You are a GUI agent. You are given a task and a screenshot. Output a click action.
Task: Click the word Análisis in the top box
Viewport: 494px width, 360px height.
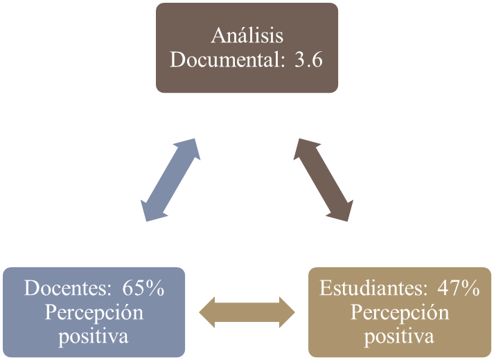pos(247,35)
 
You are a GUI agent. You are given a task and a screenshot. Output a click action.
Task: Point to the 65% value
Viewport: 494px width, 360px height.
pos(143,288)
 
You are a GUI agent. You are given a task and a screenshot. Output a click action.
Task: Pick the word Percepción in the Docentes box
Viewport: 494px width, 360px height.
pos(94,312)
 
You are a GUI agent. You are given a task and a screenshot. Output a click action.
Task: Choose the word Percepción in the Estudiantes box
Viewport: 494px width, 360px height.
pos(400,312)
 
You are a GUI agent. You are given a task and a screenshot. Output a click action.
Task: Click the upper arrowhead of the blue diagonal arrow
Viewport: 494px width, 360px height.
pos(188,147)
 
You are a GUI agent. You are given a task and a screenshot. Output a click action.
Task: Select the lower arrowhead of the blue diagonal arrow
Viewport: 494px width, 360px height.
pos(152,210)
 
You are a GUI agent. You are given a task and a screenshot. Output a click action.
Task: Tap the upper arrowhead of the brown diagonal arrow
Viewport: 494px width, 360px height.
pos(307,147)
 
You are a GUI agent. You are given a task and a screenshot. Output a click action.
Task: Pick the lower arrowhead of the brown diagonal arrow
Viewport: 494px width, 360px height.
pos(343,210)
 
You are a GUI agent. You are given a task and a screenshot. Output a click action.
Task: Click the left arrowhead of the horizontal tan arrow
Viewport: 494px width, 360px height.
pos(208,312)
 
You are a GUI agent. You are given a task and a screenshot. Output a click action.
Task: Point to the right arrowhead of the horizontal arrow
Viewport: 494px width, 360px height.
pos(286,312)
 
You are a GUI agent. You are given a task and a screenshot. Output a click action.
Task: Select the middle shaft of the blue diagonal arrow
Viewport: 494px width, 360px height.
pos(170,179)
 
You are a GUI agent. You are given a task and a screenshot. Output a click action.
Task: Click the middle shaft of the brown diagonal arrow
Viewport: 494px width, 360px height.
pos(325,179)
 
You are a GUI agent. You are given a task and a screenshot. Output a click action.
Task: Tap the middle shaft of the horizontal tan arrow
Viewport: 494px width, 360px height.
pos(247,312)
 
